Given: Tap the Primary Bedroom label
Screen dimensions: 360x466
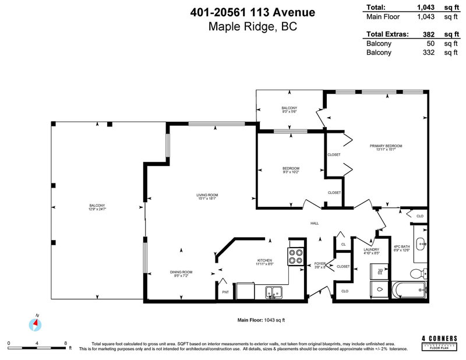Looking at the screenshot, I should coord(386,146).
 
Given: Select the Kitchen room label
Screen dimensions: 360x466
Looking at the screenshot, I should coord(265,260).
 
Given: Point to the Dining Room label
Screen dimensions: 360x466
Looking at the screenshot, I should coord(181,272).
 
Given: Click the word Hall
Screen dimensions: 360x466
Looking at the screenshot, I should coord(315,223).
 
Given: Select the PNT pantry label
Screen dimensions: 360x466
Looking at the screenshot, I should coord(225,292).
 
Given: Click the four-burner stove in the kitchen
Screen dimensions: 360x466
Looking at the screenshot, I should coord(295,257).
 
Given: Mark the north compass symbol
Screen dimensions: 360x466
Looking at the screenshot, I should coord(36,322).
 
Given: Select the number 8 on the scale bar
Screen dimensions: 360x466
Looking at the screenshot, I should coord(65,343).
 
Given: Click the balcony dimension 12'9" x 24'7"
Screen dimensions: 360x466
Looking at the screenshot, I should coord(97,208).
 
